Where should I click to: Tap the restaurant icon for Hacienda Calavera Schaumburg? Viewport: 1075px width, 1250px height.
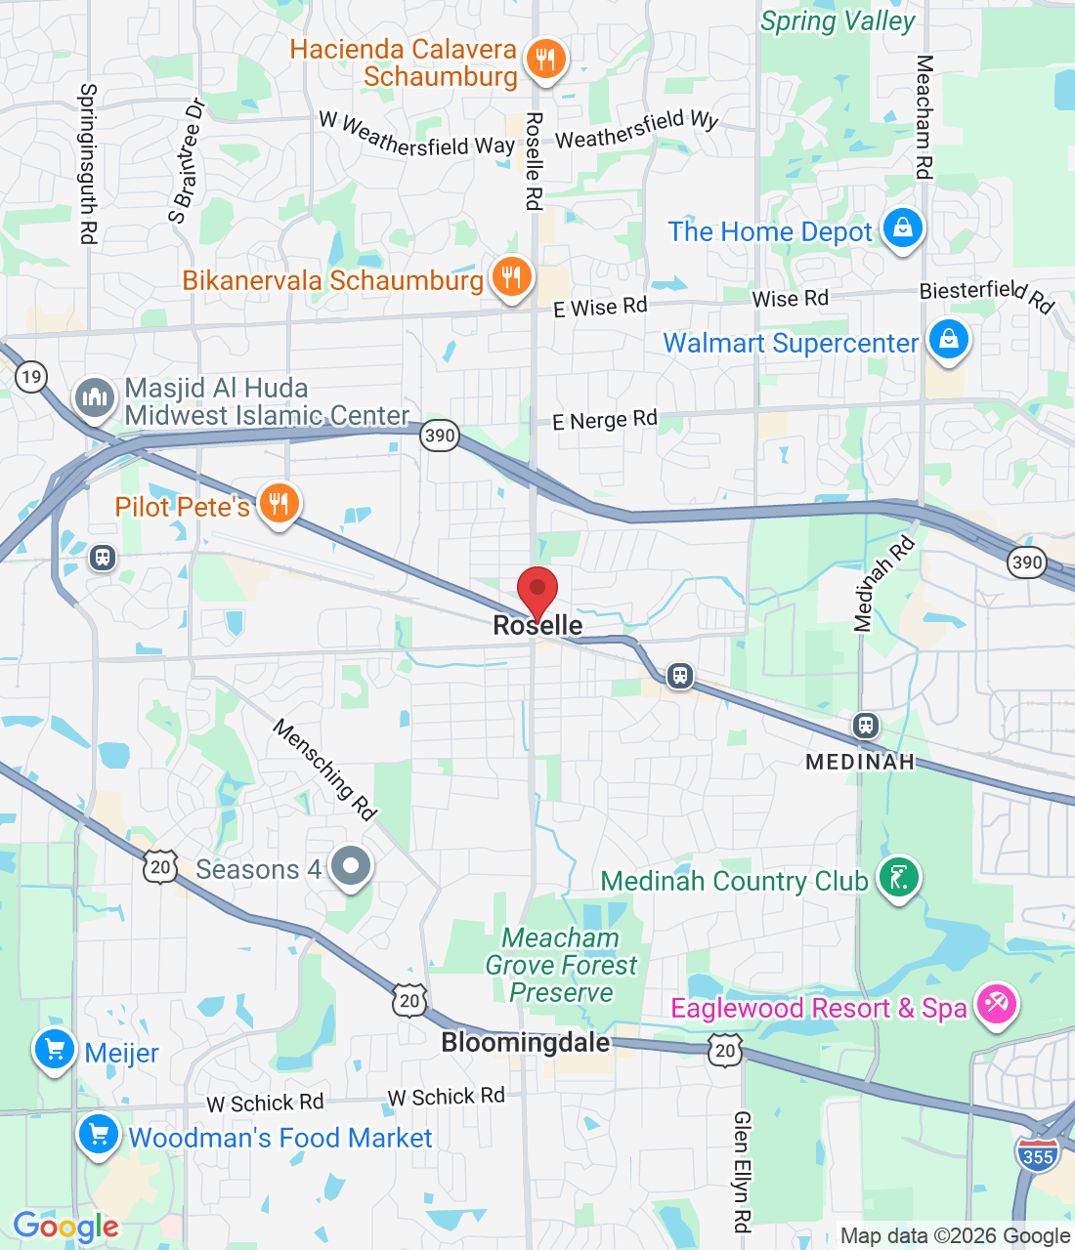coord(545,60)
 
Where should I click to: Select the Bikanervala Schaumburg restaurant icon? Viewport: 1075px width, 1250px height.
coord(511,277)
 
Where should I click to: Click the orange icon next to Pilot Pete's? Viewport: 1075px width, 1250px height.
coord(279,504)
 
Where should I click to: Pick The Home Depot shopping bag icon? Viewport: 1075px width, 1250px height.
coord(903,229)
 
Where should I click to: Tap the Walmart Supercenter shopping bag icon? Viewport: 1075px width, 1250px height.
coord(948,340)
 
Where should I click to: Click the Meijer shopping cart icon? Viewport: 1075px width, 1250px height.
coord(55,1051)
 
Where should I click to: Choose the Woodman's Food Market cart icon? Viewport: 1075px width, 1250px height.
coord(99,1135)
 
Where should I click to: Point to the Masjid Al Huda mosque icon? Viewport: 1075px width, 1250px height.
coord(95,397)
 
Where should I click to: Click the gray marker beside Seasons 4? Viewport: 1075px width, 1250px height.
coord(350,866)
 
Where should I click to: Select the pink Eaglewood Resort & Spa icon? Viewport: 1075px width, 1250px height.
coord(997,1005)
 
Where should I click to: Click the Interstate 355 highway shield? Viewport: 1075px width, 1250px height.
coord(1038,1154)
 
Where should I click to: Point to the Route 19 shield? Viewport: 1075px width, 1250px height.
coord(31,377)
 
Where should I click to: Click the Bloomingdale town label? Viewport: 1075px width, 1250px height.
coord(526,1043)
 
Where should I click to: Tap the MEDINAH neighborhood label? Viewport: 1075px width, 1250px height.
coord(860,762)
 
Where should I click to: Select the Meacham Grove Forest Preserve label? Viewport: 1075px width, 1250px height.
coord(561,965)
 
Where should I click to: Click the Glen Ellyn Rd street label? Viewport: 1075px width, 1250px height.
coord(743,1171)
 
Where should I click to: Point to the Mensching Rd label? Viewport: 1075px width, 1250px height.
coord(324,770)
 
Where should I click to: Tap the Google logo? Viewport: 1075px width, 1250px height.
coord(65,1227)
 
